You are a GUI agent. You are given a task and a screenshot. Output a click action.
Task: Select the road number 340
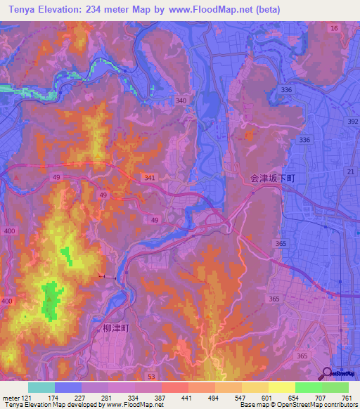[x=181, y=101]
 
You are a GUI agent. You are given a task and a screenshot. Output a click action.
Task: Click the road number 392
[x=352, y=122]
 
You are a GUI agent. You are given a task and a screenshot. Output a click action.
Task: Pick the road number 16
[x=334, y=27]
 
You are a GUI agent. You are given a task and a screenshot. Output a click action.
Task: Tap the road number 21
[x=349, y=172]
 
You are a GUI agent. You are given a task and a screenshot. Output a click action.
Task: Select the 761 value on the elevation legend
[x=347, y=397]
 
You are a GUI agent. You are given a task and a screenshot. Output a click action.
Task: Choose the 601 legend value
[x=264, y=397]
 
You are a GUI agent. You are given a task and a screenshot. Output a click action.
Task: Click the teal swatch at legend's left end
[x=41, y=387]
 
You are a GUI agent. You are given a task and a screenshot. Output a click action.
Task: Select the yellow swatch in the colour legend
[x=281, y=387]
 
